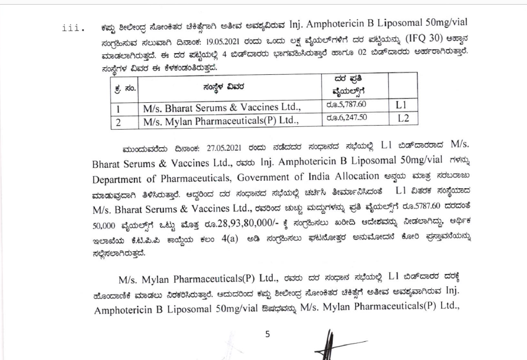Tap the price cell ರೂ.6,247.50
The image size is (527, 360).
point(345,118)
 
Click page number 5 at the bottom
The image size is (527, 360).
point(267,334)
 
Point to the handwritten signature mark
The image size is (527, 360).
point(332,345)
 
